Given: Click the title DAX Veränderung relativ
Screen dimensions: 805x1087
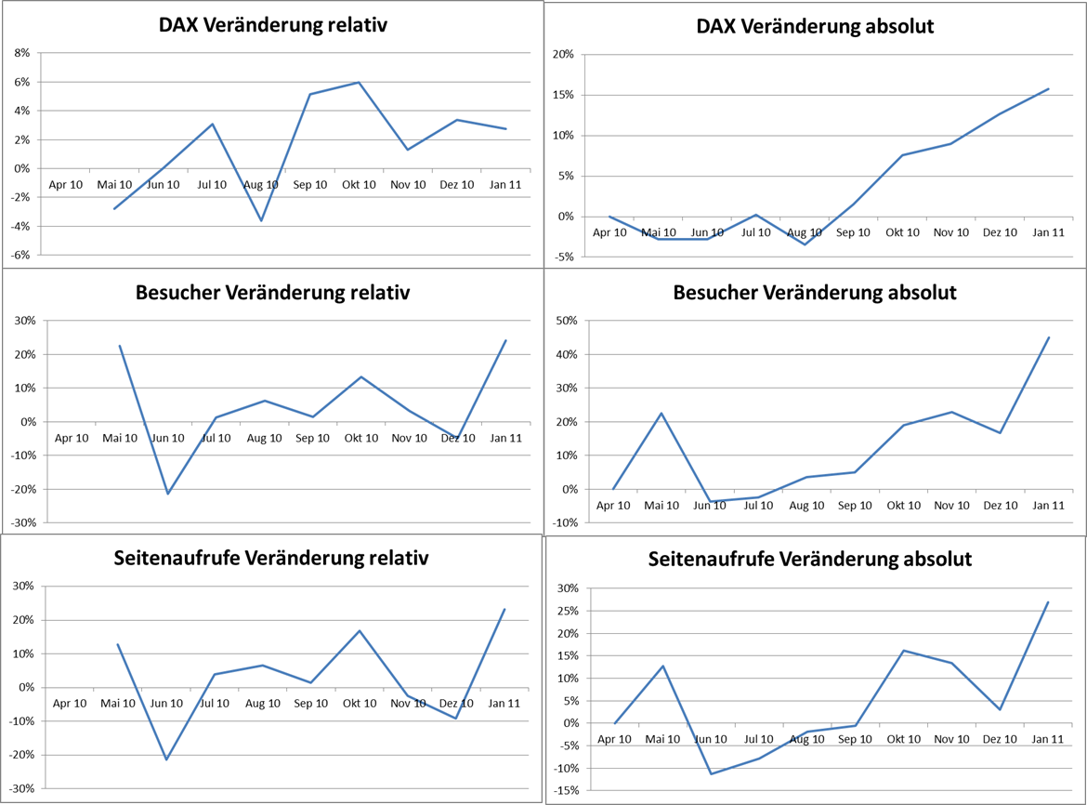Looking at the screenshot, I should (x=272, y=25).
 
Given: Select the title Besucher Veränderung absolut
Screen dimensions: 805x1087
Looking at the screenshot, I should (x=814, y=293).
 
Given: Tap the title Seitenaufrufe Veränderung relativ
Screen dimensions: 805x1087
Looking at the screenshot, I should (x=271, y=558).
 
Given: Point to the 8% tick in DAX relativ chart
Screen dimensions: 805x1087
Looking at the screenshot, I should (x=21, y=53).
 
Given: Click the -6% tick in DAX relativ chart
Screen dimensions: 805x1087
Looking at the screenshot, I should (x=20, y=255).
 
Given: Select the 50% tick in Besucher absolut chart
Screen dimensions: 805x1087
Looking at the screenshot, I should (x=565, y=321).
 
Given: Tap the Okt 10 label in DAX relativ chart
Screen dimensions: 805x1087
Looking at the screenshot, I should (x=359, y=184).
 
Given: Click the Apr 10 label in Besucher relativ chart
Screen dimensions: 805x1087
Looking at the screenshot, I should (x=72, y=438).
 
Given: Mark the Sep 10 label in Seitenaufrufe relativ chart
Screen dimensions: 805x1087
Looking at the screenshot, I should (x=311, y=703).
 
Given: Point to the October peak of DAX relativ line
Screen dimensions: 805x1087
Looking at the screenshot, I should (x=359, y=83).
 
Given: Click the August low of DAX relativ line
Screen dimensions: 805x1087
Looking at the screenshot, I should (x=262, y=220).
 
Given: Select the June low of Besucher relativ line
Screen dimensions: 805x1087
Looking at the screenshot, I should (x=167, y=494).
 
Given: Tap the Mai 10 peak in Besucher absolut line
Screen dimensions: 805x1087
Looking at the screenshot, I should (x=661, y=413).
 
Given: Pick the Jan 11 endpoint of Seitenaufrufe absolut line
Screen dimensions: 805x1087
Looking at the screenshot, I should (x=1048, y=601).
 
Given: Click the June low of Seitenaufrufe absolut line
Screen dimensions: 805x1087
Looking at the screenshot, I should (x=711, y=773).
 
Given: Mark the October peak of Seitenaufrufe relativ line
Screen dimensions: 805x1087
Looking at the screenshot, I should (x=360, y=631).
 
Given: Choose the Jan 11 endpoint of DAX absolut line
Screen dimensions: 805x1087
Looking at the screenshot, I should (x=1048, y=89).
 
